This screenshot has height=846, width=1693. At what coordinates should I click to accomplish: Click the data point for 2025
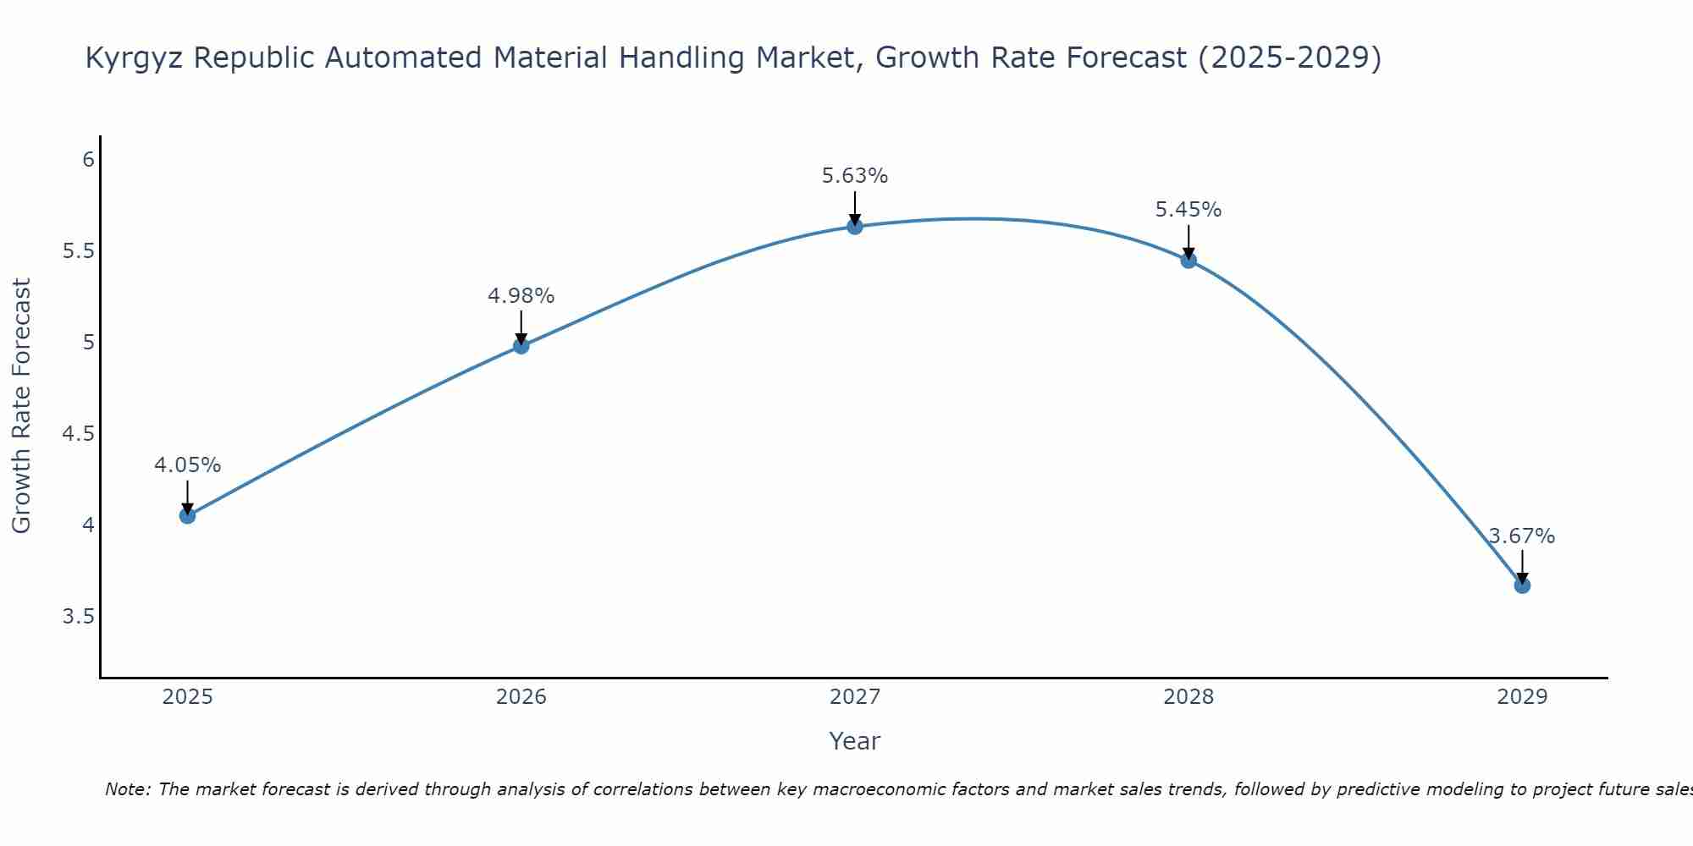pos(188,515)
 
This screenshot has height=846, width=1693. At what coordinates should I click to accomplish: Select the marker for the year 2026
pos(521,345)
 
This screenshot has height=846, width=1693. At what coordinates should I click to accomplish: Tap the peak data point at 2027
pos(855,226)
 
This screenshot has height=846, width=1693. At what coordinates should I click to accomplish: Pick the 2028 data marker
pos(1188,260)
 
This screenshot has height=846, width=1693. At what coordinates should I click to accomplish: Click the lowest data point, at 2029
pos(1522,585)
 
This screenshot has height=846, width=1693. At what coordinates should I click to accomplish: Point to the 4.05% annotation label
pos(188,465)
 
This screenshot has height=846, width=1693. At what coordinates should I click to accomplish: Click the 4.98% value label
pos(521,296)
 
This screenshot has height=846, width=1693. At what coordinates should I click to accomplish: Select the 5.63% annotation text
pos(855,176)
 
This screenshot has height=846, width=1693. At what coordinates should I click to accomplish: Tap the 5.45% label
pos(1188,210)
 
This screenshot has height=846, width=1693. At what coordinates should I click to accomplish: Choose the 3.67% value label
pos(1522,536)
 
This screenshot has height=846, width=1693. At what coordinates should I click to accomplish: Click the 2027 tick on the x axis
pos(855,697)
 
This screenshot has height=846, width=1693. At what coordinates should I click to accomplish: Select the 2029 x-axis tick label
pos(1522,697)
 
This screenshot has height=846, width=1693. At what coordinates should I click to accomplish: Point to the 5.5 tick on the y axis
pos(79,251)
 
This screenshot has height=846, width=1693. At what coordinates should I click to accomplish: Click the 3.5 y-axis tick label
pos(79,617)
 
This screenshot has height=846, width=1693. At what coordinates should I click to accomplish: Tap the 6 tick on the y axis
pos(88,160)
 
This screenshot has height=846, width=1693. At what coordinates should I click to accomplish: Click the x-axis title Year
pos(855,741)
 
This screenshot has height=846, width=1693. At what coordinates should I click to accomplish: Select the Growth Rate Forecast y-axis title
pos(22,406)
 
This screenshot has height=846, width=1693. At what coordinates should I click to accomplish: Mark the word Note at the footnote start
pos(127,789)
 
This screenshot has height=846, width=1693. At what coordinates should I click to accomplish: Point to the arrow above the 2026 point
pos(521,326)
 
